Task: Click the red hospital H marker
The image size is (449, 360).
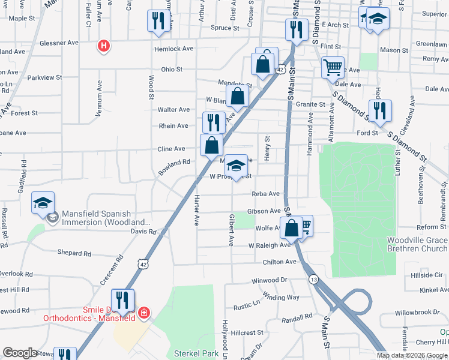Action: pos(104,45)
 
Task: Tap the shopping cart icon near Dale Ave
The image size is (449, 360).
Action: pos(332,67)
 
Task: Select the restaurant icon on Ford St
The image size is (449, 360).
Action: pos(380,110)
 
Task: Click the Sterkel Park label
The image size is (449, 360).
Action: pos(196,353)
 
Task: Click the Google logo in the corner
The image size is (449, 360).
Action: pos(20,353)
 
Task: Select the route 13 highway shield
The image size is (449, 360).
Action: pos(313,280)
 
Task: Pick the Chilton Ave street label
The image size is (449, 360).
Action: pos(280,262)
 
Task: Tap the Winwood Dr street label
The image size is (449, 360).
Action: pos(270,280)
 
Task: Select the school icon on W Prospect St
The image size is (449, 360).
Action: pos(237,166)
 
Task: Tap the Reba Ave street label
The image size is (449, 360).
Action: pos(266,194)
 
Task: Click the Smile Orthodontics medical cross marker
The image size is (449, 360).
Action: pos(143,313)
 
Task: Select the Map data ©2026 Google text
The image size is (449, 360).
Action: pos(412,355)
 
